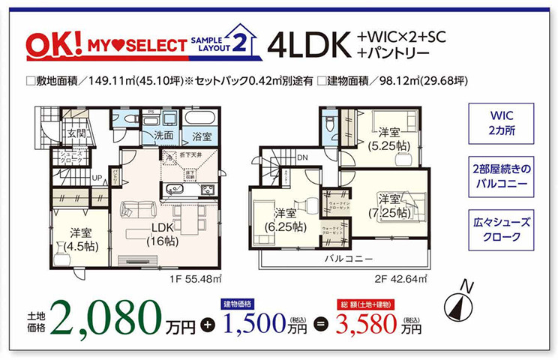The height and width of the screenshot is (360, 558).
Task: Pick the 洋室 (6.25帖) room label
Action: coord(285,219)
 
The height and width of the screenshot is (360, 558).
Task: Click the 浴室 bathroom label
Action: coord(200,137)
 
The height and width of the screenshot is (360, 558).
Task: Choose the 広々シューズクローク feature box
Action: coord(501,229)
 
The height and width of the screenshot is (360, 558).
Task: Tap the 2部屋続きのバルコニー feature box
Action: coord(501,175)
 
